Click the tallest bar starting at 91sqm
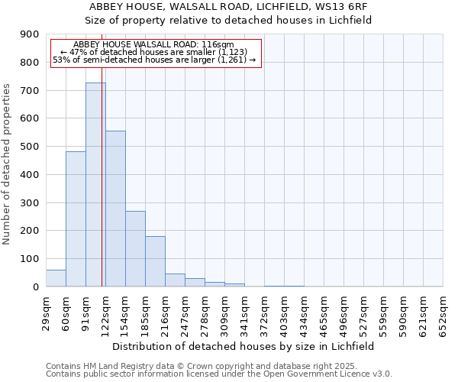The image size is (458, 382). (x=95, y=185)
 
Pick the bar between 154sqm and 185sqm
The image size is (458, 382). (x=135, y=249)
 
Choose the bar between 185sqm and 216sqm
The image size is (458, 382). (x=155, y=261)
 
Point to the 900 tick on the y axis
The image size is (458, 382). (x=30, y=34)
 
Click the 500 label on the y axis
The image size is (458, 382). (x=30, y=147)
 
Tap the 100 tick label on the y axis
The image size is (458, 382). (x=30, y=259)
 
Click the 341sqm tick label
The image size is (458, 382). (x=245, y=314)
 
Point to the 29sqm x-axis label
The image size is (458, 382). (x=47, y=314)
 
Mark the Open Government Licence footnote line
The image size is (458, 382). (x=219, y=374)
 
